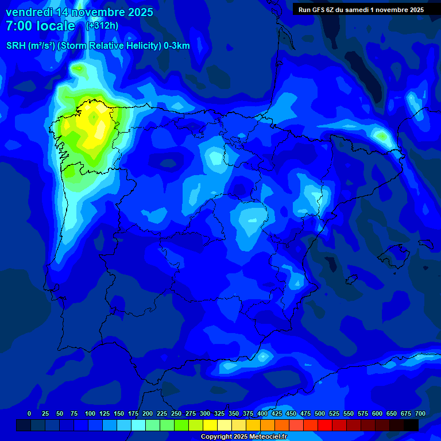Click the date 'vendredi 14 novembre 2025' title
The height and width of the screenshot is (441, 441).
click(79, 12)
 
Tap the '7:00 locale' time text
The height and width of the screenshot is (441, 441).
click(40, 26)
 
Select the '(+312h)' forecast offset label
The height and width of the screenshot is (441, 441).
click(102, 26)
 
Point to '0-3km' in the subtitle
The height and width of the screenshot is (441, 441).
click(176, 46)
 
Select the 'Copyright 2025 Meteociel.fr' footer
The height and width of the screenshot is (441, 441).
click(243, 437)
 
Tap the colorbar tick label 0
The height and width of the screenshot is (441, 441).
click(29, 413)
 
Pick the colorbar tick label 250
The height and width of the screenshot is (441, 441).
click(176, 413)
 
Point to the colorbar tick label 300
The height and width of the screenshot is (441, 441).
click(205, 413)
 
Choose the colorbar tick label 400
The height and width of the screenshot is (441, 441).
click(262, 413)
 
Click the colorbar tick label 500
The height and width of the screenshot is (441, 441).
click(320, 413)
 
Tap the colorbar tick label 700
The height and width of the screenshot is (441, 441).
click(420, 413)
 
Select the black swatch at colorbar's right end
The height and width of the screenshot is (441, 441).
click(411, 425)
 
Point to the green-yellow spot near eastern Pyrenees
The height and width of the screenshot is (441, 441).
click(381, 136)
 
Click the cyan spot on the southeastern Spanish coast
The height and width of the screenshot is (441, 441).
click(264, 357)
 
